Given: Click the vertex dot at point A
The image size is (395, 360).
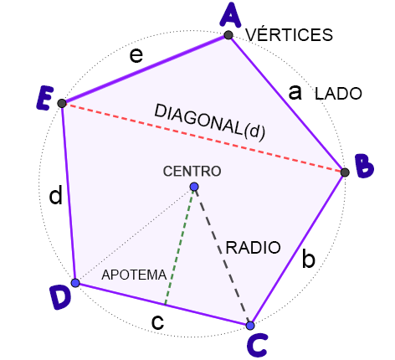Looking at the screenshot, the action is click(228, 35).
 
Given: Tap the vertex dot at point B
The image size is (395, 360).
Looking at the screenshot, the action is click(345, 172).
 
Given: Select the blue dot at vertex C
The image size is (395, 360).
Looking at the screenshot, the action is click(250, 326).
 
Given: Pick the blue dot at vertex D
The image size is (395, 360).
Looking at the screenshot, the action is click(75, 283).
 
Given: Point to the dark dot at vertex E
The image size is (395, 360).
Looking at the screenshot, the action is click(62, 103).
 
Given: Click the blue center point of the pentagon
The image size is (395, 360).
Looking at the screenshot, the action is click(194, 187).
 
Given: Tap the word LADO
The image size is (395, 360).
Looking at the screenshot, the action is click(338, 94).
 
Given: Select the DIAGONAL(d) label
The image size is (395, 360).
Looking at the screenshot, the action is click(209, 122).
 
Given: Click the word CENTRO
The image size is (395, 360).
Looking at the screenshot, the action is click(192, 171).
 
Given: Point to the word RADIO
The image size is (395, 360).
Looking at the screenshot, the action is click(253, 248).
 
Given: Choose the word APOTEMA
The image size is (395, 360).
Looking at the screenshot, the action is click(134, 275).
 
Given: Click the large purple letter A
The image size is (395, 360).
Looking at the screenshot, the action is click(230, 15).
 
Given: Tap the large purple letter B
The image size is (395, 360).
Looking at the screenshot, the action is click(364, 166).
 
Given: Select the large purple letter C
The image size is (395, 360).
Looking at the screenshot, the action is click(258, 345).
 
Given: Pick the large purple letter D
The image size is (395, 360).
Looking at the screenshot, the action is click(60, 297).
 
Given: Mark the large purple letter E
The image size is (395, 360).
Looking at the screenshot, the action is click(45, 98).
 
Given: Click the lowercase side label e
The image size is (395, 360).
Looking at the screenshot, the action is click(136, 55).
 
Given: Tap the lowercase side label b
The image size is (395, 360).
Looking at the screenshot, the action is click(309, 258).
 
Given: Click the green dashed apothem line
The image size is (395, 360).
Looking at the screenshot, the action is click(180, 246).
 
